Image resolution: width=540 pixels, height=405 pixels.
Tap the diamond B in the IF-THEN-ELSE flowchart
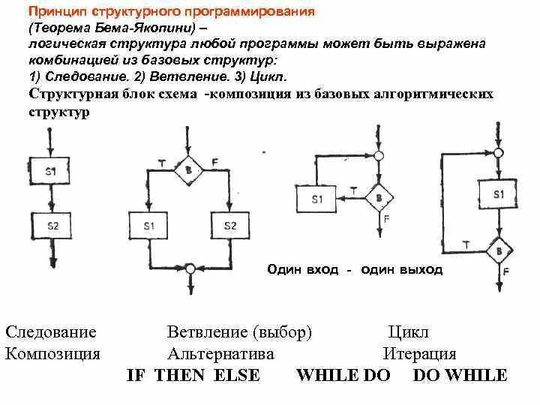point(187,172)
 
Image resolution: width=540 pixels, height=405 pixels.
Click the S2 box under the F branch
point(230,226)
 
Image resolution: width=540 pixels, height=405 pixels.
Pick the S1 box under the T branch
point(149,226)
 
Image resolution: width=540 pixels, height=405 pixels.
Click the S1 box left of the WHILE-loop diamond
point(316,200)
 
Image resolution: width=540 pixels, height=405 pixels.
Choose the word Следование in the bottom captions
point(51,332)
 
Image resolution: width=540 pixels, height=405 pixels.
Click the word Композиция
point(52,354)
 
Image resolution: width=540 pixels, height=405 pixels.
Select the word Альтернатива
point(220,354)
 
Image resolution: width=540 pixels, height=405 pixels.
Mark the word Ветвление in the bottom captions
point(208,332)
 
